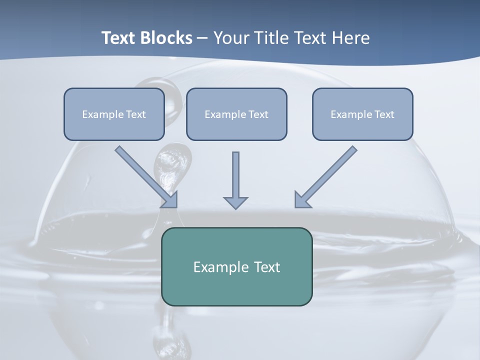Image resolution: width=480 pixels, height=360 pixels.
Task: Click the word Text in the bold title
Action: point(118,38)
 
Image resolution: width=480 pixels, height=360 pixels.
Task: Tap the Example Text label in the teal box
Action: point(236,267)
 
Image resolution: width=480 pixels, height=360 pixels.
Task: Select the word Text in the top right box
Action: point(384,114)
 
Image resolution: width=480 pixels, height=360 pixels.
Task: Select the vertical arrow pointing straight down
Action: point(235,175)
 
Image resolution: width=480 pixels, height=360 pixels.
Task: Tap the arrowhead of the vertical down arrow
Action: point(235,202)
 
